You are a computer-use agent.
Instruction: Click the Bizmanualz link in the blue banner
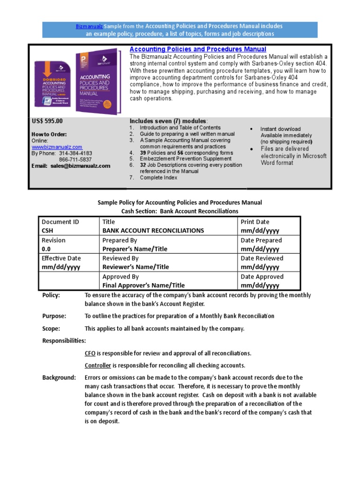click(89, 26)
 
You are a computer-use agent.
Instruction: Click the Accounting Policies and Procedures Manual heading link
click(197, 49)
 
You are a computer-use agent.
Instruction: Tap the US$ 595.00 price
click(47, 121)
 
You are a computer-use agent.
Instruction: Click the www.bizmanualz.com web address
click(57, 147)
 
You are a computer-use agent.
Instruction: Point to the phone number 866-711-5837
click(75, 159)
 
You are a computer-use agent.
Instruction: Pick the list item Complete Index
click(159, 178)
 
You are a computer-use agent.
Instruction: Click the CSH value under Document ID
click(47, 231)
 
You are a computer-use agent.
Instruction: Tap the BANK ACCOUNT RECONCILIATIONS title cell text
click(153, 231)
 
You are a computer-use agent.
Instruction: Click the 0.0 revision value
click(46, 249)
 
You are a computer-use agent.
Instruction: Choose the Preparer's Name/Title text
click(135, 249)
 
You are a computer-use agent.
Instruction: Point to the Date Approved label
click(262, 277)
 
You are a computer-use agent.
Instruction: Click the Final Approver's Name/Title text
click(143, 285)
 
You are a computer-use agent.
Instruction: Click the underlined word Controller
click(97, 365)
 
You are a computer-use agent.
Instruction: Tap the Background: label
click(59, 377)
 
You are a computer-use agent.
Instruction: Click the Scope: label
click(51, 329)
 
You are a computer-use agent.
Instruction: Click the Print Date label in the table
click(255, 222)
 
